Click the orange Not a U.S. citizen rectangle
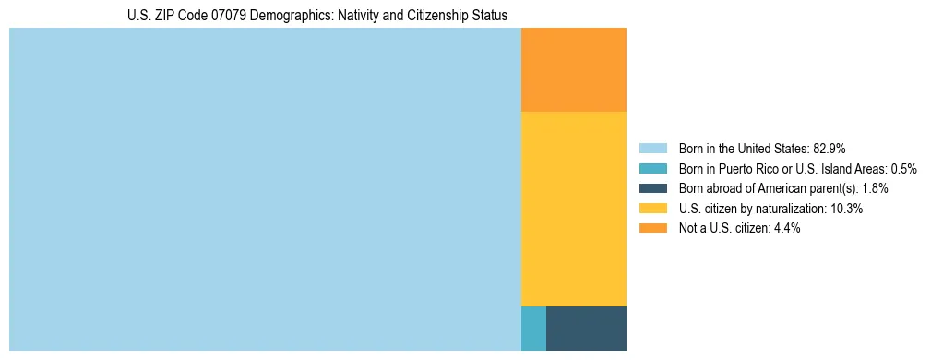click(x=574, y=70)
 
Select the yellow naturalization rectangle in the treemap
click(x=574, y=209)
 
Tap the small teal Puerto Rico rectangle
click(x=533, y=328)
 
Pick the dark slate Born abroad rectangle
click(x=586, y=328)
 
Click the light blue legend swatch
click(x=652, y=148)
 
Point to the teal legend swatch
click(x=652, y=168)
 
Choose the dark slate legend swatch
click(x=652, y=188)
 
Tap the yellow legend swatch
click(x=652, y=209)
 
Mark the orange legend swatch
click(x=652, y=228)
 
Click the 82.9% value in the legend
click(x=830, y=148)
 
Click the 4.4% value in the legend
click(x=786, y=228)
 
